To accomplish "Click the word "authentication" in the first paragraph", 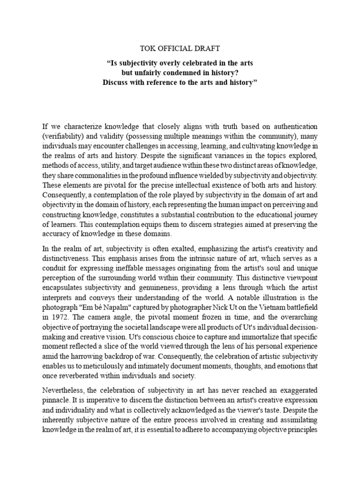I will pyautogui.click(x=295, y=127).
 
